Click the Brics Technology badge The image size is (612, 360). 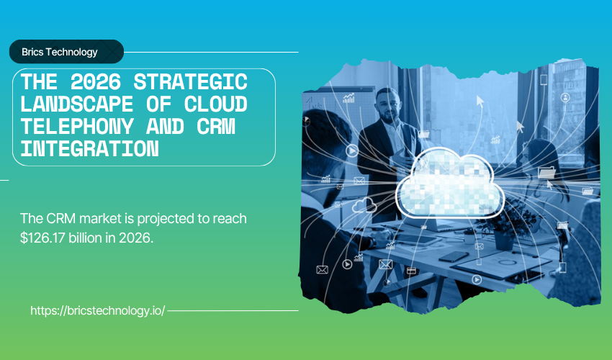66,52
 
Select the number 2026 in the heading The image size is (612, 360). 96,81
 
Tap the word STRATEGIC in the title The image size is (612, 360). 191,81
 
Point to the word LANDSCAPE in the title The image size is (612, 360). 76,104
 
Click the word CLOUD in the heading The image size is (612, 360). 216,104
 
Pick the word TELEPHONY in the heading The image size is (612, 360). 77,127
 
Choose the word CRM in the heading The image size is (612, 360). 216,127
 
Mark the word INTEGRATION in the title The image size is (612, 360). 89,149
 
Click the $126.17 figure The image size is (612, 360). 42,238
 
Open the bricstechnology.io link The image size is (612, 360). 98,311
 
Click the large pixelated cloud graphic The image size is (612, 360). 449,184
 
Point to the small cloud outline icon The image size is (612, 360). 364,204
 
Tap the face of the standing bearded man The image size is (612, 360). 387,107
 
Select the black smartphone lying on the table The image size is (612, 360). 454,256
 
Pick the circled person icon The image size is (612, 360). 565,98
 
